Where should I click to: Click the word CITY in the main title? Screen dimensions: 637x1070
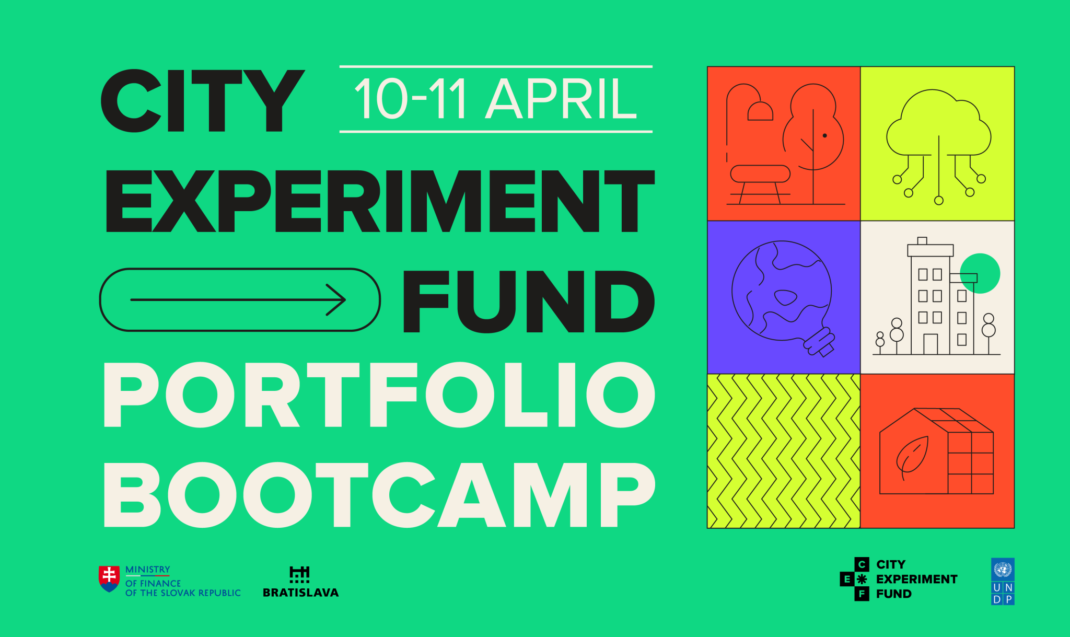pos(203,100)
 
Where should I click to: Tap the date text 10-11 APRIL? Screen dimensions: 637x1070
pos(495,99)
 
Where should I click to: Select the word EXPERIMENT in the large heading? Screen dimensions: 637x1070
pos(380,201)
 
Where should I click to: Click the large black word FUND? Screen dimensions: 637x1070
pos(528,302)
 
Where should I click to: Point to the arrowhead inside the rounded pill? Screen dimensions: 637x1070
pos(337,300)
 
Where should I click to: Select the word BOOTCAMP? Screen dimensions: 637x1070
pos(379,495)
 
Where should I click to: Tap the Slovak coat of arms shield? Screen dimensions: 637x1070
pos(109,578)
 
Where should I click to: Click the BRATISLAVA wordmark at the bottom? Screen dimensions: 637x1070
pos(300,593)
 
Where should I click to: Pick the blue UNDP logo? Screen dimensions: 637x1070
pos(1003,582)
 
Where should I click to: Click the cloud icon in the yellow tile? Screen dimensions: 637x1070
pos(938,125)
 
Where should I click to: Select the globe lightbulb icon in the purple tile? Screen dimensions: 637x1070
pos(782,295)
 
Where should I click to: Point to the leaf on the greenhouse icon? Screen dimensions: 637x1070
pos(912,455)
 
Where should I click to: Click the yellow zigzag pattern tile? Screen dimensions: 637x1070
pos(783,451)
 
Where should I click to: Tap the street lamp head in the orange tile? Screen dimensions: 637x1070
pos(760,112)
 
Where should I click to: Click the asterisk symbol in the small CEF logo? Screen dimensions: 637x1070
pos(862,579)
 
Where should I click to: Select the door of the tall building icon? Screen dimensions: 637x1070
pos(930,344)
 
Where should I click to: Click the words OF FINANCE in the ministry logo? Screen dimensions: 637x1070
pos(153,583)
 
